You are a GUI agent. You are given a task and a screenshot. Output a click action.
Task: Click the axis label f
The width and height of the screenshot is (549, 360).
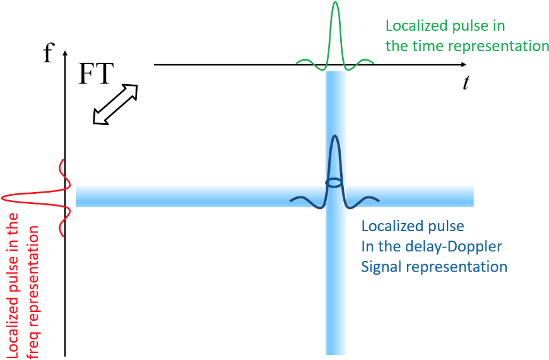coord(49,53)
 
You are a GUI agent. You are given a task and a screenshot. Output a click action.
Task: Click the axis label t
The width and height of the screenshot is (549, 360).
coord(466,83)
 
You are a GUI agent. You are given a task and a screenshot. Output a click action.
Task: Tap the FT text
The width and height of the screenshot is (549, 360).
coord(96,74)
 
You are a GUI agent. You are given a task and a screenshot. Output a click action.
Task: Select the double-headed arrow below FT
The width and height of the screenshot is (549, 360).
coord(115,104)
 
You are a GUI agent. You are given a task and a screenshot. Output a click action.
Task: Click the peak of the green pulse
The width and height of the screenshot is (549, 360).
coord(336,3)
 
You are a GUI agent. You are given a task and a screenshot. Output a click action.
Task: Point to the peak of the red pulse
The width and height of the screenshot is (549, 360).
coord(3,198)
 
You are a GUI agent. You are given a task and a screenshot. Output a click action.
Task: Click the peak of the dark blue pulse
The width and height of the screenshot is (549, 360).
coord(335,136)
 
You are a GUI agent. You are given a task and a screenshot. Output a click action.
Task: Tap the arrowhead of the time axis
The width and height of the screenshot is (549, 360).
coord(464,64)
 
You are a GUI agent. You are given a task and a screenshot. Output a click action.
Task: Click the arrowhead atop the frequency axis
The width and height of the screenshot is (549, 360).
coord(65,53)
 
